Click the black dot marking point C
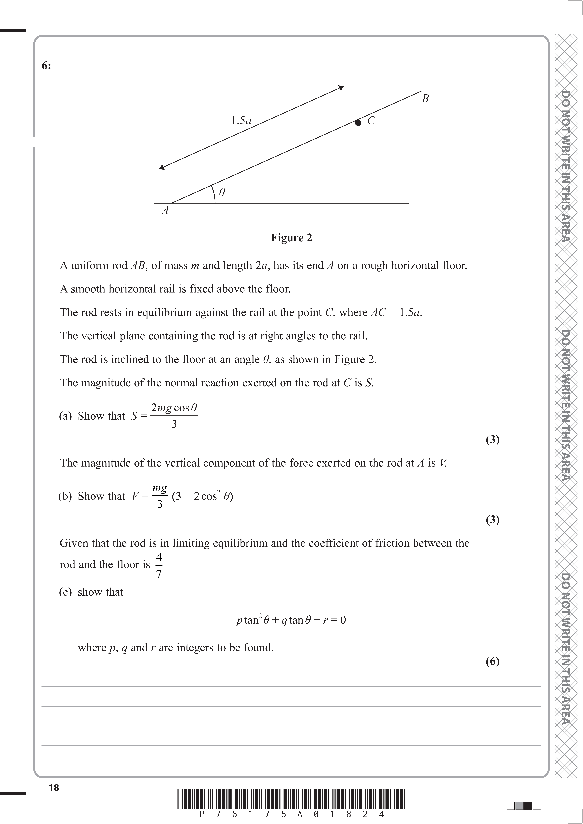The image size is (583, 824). [358, 123]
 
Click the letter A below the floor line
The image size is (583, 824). [165, 211]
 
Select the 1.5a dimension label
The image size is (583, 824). [241, 121]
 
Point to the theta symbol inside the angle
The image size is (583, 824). [222, 193]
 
